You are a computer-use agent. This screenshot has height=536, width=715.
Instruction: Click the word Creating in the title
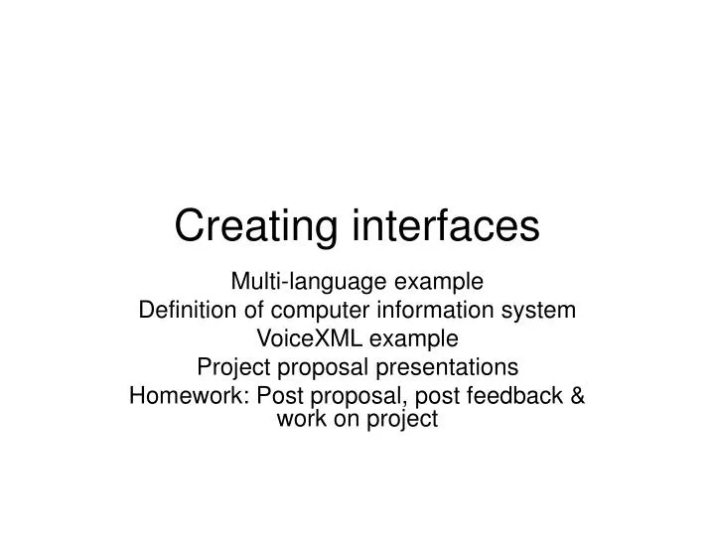(257, 226)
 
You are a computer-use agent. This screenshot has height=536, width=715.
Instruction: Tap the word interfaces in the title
(446, 226)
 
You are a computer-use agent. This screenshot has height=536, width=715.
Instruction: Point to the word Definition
(186, 312)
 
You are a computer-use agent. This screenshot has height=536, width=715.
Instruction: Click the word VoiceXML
(308, 338)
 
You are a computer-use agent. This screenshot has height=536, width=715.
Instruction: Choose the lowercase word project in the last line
(401, 419)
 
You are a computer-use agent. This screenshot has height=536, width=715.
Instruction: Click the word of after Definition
(248, 312)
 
